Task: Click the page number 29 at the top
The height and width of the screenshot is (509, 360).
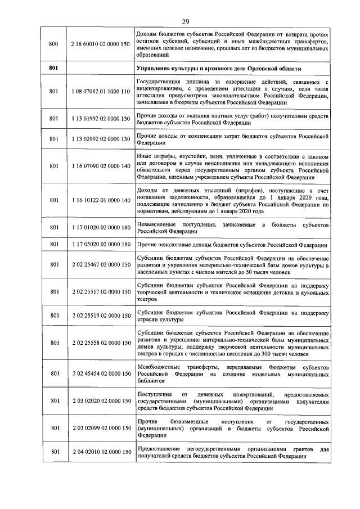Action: (185, 22)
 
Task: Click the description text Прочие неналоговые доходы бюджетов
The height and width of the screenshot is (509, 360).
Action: (231, 245)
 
